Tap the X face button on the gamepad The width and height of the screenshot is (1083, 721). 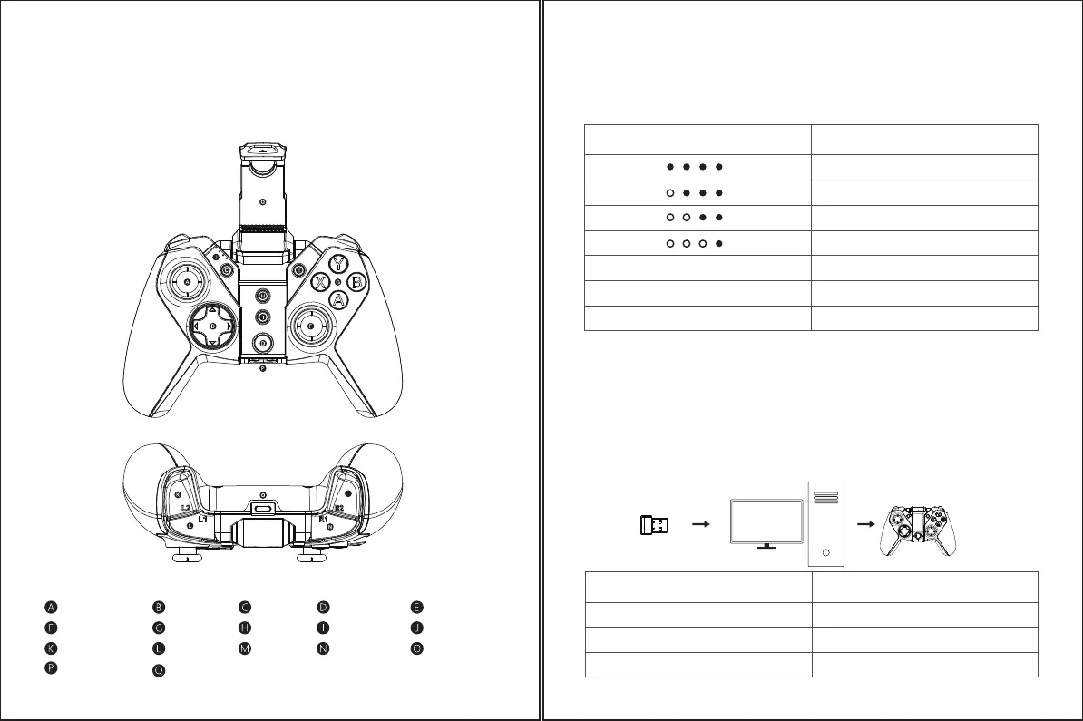[320, 282]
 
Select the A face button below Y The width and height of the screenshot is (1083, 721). [338, 298]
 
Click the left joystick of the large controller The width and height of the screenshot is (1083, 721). [188, 282]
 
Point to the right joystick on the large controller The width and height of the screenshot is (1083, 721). [310, 324]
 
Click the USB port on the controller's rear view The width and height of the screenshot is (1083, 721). [263, 509]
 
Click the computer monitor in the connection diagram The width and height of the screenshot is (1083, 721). [766, 519]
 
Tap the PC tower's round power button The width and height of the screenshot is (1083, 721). [824, 551]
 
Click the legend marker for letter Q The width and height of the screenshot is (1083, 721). [159, 670]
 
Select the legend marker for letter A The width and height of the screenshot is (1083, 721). [52, 606]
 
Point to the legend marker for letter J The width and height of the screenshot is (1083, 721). [416, 627]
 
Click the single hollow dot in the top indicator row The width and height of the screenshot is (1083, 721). [668, 192]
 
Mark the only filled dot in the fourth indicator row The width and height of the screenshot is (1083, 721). [717, 243]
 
